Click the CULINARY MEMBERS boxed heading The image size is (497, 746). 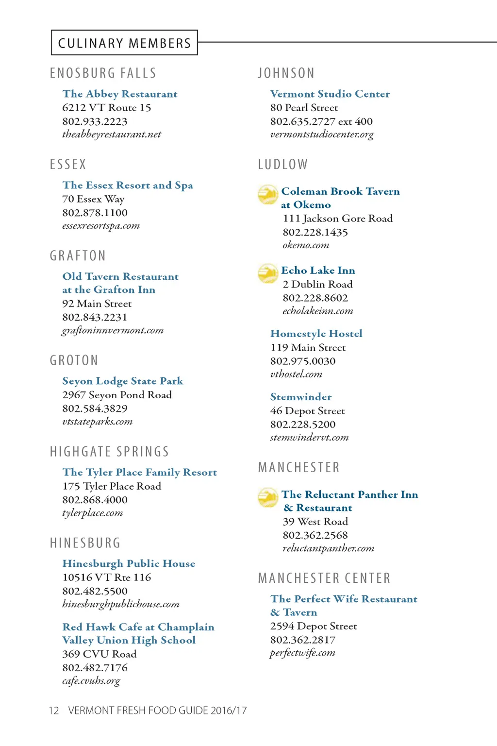[124, 43]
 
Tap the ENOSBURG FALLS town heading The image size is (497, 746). [103, 73]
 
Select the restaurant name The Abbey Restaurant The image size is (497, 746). [120, 94]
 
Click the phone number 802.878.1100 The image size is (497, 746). [95, 213]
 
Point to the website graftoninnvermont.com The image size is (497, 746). [113, 330]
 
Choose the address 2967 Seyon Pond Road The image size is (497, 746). [117, 395]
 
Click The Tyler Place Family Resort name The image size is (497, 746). [140, 472]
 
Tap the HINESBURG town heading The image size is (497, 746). [85, 543]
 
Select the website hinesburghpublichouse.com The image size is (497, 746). [121, 604]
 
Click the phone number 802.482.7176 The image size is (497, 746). [95, 668]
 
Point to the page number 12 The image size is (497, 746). [54, 711]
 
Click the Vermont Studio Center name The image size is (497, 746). [330, 94]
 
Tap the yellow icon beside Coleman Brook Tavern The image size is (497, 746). [267, 194]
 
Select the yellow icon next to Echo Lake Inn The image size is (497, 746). [267, 273]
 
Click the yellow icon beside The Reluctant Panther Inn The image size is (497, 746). [267, 497]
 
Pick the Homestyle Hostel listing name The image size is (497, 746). [316, 334]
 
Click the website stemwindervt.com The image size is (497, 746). [309, 438]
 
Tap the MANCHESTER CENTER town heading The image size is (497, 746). [324, 578]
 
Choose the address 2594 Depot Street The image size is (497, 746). [314, 627]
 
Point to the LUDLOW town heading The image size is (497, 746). [283, 165]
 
